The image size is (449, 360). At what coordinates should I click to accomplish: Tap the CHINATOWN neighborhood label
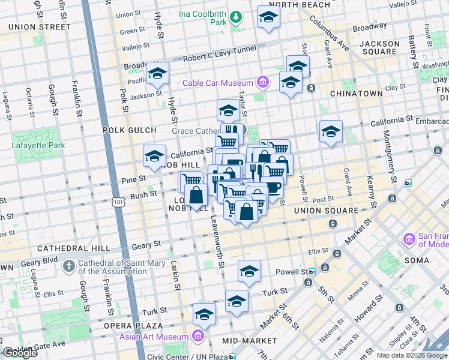(x=356, y=94)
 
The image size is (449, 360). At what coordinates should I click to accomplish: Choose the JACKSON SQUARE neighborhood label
(x=379, y=48)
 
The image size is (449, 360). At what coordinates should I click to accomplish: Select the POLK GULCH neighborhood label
(x=129, y=130)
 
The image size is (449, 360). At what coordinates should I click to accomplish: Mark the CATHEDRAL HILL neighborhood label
(x=73, y=248)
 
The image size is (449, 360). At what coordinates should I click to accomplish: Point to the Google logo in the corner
(x=20, y=353)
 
